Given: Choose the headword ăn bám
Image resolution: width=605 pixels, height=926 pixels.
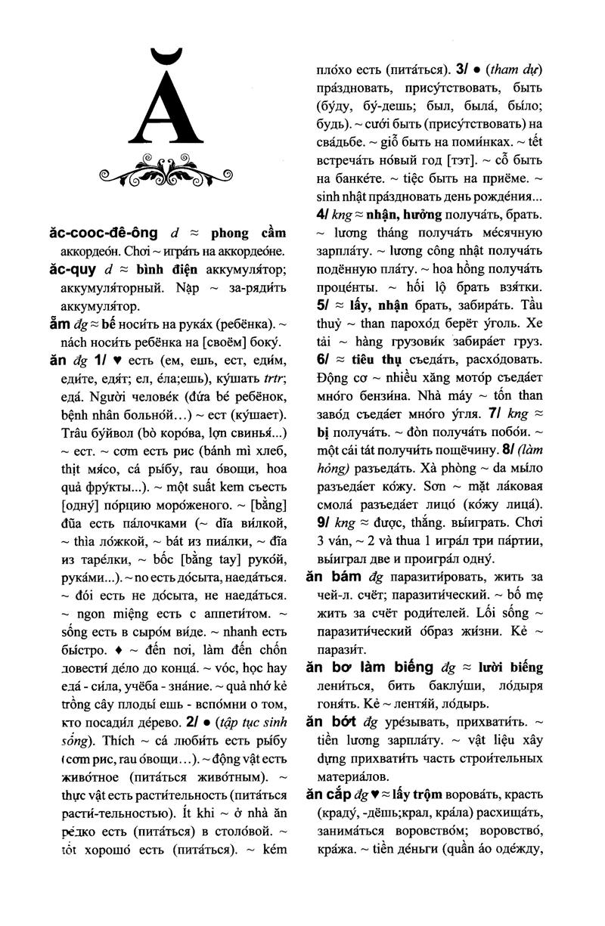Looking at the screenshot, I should [x=337, y=576].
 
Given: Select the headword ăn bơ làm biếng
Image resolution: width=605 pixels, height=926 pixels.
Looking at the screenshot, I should [x=370, y=667].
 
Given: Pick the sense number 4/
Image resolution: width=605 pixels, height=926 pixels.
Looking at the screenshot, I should [x=321, y=215].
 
